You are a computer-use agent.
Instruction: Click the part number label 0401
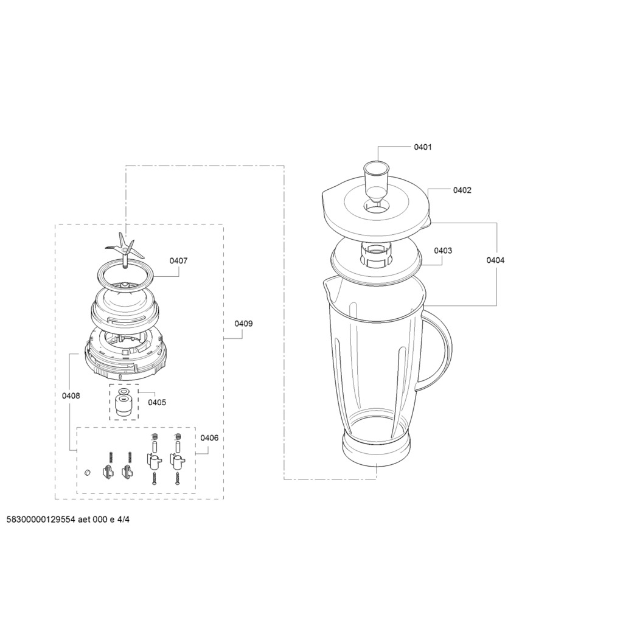[x=423, y=147]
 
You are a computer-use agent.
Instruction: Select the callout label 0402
[x=462, y=190]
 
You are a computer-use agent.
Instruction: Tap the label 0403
[x=443, y=251]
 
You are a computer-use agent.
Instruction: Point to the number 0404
[x=495, y=260]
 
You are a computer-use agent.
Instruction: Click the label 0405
[x=157, y=403]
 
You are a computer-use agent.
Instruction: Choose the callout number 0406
[x=209, y=438]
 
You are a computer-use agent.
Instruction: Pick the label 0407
[x=178, y=261]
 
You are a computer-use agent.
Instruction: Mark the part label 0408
[x=71, y=395]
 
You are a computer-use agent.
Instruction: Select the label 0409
[x=243, y=324]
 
